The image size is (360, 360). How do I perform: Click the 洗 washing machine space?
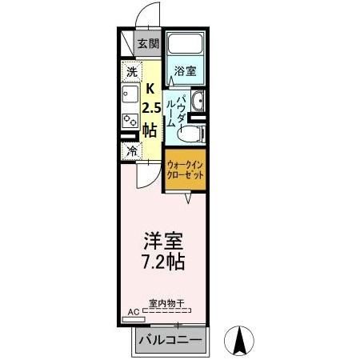pyautogui.click(x=131, y=72)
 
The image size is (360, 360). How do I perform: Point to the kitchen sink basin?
pyautogui.click(x=130, y=96)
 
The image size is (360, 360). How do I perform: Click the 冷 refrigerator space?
pyautogui.click(x=131, y=150)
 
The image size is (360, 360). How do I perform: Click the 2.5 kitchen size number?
pyautogui.click(x=150, y=108)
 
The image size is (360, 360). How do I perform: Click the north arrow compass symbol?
pyautogui.click(x=238, y=342)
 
